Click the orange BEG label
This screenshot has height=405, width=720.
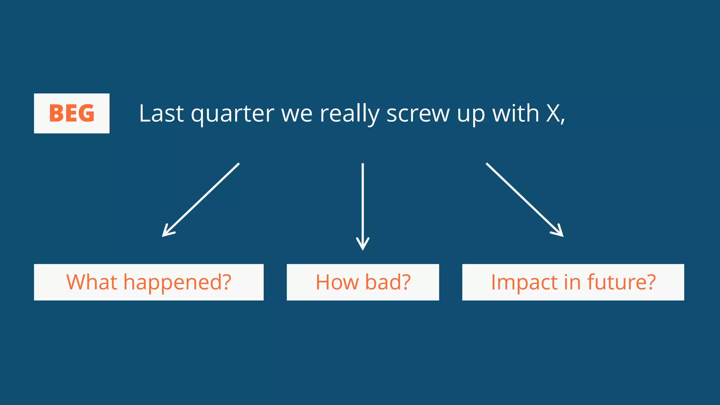tap(72, 113)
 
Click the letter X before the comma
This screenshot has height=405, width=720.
tap(553, 114)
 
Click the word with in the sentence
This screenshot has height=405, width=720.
tap(516, 114)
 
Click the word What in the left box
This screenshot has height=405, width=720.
tap(91, 282)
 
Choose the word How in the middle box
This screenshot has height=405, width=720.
tap(337, 282)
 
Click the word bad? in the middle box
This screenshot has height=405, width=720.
tap(388, 282)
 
